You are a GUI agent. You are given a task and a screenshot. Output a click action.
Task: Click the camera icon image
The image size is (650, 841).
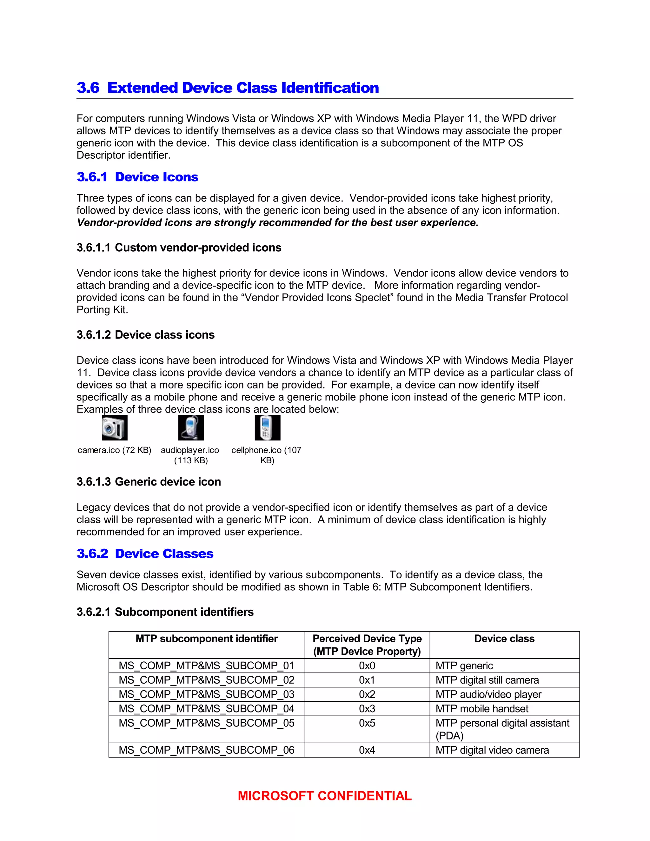coord(114,427)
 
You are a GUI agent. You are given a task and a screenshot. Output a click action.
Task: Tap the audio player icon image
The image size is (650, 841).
coord(191,427)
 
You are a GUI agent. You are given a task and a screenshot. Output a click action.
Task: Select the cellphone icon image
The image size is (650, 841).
coord(267,427)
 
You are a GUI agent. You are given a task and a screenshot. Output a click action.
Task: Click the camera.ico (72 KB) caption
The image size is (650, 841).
coord(114,450)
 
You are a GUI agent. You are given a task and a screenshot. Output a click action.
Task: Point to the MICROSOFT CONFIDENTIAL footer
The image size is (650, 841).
coord(325,796)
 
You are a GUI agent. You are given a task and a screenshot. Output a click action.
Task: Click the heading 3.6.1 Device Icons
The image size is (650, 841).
coord(137,177)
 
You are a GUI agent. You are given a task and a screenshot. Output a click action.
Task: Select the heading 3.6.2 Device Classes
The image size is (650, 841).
coord(145,554)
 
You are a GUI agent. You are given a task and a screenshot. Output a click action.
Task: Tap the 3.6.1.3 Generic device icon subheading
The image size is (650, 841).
coord(149,482)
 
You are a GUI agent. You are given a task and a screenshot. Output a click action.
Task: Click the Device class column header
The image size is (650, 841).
coord(504,639)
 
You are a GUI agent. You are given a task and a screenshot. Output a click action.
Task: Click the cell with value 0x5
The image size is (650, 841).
coord(367,723)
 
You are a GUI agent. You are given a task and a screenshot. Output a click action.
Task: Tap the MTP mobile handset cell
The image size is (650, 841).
coord(482,709)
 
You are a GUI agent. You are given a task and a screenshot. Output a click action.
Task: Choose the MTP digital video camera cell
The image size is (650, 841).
coord(492,750)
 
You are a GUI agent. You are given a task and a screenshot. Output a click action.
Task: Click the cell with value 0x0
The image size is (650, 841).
coord(367,666)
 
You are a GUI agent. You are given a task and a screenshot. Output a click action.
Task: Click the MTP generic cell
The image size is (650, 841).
coord(464,666)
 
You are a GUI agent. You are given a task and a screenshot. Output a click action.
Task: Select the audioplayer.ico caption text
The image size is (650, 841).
coord(190,455)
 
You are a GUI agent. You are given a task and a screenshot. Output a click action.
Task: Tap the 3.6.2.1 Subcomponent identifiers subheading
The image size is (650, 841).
coord(165,612)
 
